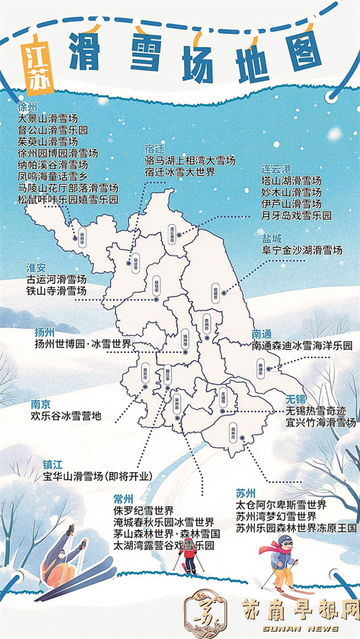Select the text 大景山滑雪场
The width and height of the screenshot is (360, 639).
point(48,119)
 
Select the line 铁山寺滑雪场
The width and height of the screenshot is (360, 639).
point(52,290)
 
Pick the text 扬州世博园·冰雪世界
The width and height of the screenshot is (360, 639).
point(82,344)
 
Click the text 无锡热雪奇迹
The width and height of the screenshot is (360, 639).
point(314,411)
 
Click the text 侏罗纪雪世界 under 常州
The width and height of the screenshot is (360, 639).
point(143,510)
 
